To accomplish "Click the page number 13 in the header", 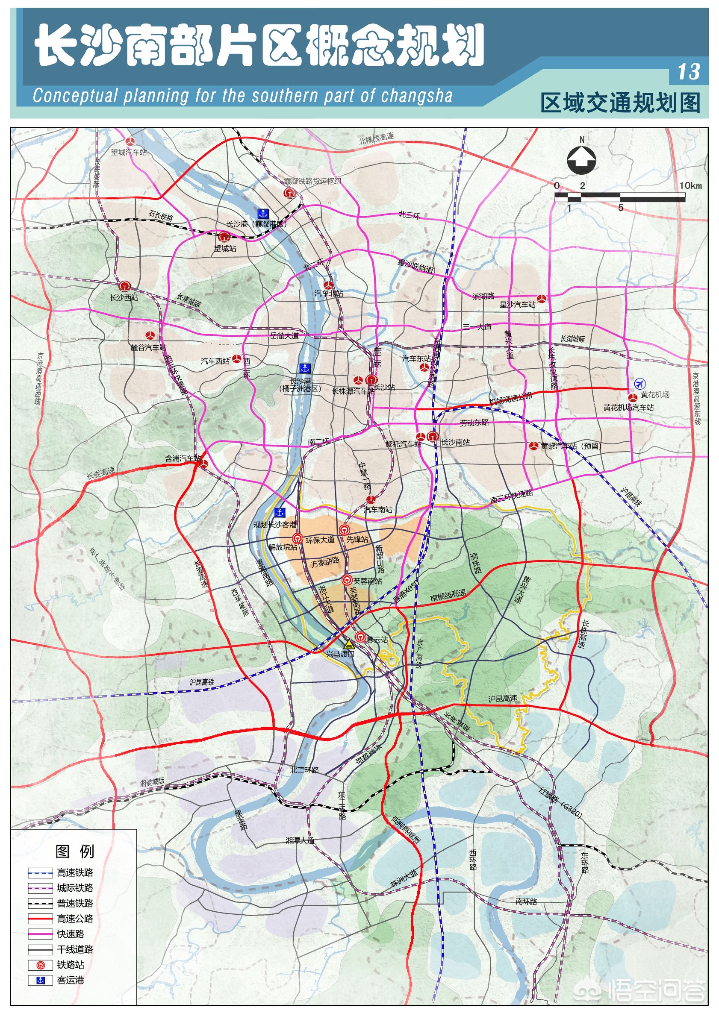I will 689,72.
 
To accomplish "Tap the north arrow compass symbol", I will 582,161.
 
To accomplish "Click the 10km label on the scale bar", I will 690,186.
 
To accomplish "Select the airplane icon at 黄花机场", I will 639,383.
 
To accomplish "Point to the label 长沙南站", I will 456,442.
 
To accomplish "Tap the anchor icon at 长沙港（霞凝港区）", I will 263,213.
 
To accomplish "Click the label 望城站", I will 225,248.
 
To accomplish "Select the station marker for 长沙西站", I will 124,287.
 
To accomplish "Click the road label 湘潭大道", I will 300,840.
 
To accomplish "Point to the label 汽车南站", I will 378,509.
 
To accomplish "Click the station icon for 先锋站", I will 344,530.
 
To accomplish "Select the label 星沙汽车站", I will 517,305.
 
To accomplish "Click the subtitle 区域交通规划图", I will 620,103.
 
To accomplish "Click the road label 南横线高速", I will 448,595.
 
